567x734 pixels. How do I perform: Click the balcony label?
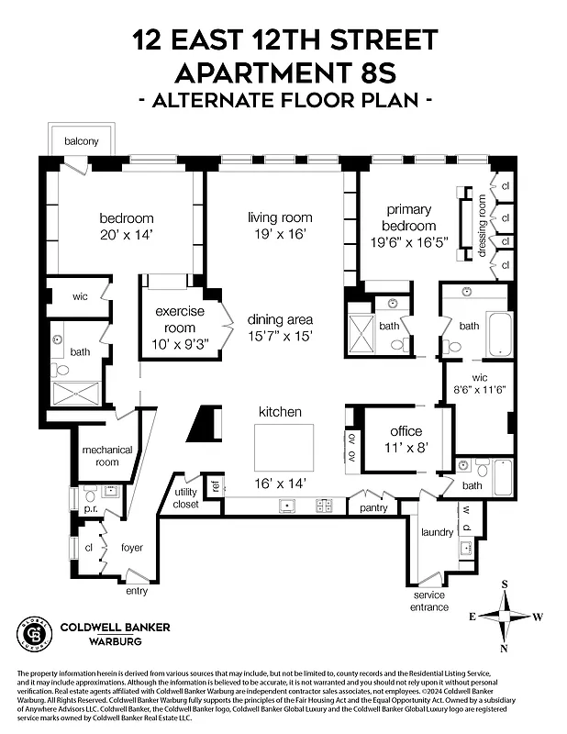(87, 141)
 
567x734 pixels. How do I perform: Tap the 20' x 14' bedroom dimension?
(126, 235)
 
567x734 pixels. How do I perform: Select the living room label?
(280, 217)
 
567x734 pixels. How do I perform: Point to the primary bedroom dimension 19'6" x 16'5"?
(409, 244)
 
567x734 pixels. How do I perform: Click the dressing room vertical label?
(482, 224)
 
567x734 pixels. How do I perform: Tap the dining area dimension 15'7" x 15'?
(280, 336)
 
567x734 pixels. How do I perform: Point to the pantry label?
(374, 506)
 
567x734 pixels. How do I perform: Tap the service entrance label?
(429, 601)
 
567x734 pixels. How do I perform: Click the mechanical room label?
(107, 456)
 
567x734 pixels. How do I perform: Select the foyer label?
(132, 548)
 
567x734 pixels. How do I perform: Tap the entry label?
(136, 591)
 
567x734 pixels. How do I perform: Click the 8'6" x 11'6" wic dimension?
(477, 389)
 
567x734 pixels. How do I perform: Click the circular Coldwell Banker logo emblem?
(34, 634)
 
